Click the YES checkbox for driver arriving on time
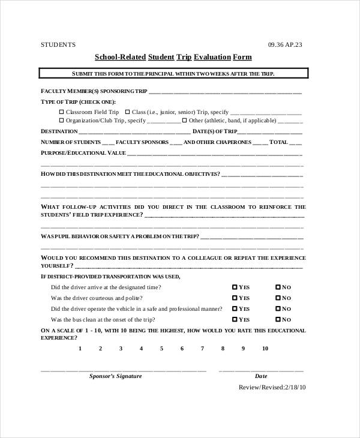pos(235,287)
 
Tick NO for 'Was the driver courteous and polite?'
pos(278,298)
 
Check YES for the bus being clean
pos(235,320)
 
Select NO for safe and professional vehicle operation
pos(278,309)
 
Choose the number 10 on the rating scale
pos(265,349)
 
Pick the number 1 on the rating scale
pos(79,349)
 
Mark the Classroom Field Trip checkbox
pos(61,112)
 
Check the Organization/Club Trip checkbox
pos(61,121)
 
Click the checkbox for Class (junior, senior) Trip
pos(127,112)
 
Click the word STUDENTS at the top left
pos(58,44)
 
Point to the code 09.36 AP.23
pos(285,44)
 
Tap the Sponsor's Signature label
pos(115,376)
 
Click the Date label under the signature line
pos(261,376)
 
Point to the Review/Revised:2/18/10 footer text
pos(272,388)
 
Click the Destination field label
pos(59,131)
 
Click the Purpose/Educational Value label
pos(83,153)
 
